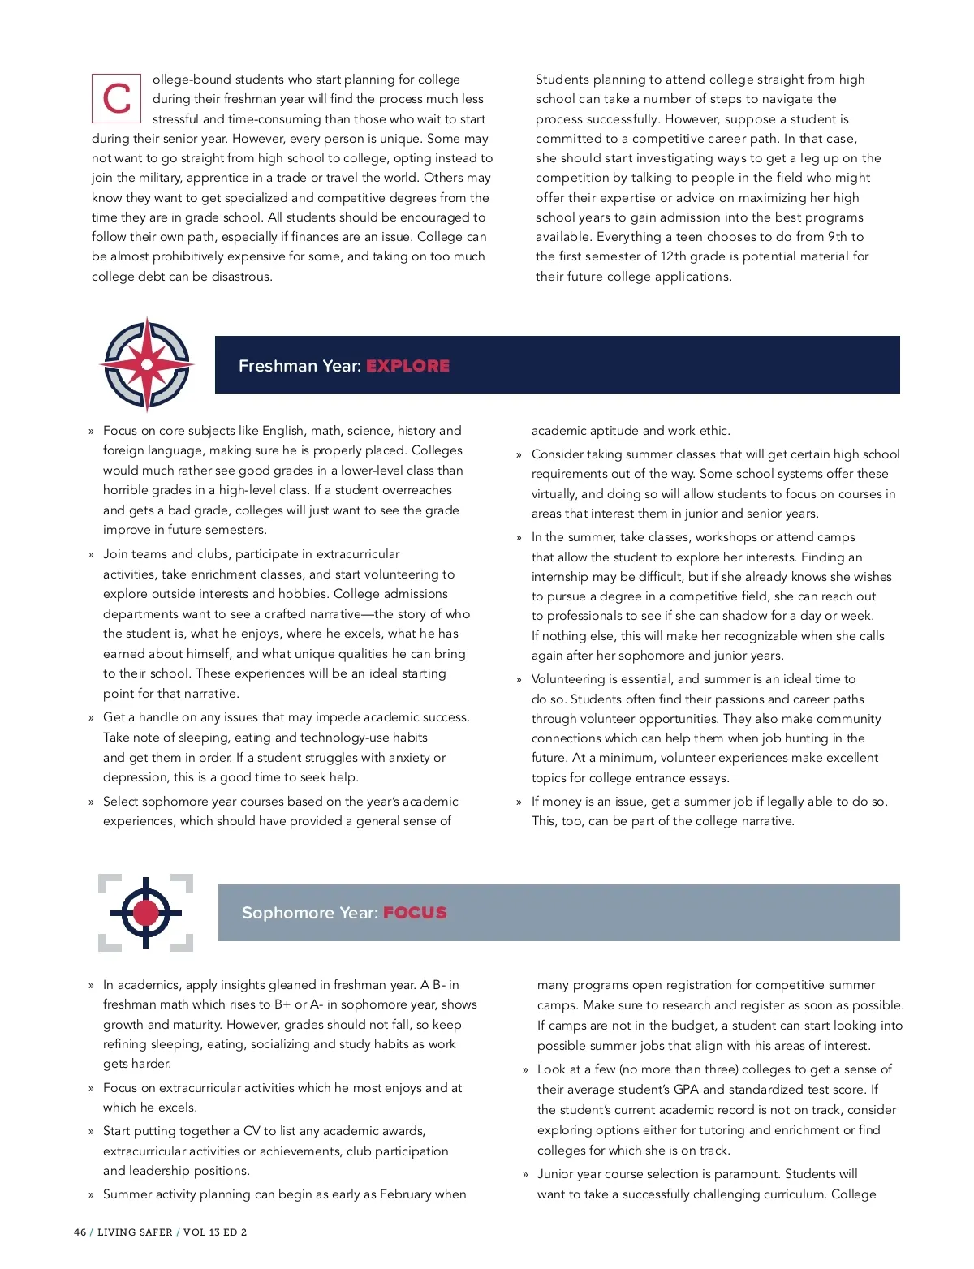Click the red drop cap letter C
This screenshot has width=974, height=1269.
click(x=116, y=99)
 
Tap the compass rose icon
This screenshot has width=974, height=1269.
click(x=147, y=364)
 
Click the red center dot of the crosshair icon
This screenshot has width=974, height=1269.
click(x=146, y=913)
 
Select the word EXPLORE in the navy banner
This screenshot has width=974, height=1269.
click(x=407, y=366)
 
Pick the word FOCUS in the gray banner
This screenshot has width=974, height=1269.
click(x=415, y=913)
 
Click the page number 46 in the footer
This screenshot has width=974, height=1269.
click(x=80, y=1232)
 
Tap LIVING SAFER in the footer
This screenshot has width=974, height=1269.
click(x=135, y=1232)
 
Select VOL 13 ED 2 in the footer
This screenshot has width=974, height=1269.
click(x=215, y=1232)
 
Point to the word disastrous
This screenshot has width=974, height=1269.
click(x=242, y=277)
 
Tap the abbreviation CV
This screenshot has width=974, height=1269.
click(x=252, y=1131)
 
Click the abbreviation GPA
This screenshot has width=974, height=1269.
click(x=686, y=1090)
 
